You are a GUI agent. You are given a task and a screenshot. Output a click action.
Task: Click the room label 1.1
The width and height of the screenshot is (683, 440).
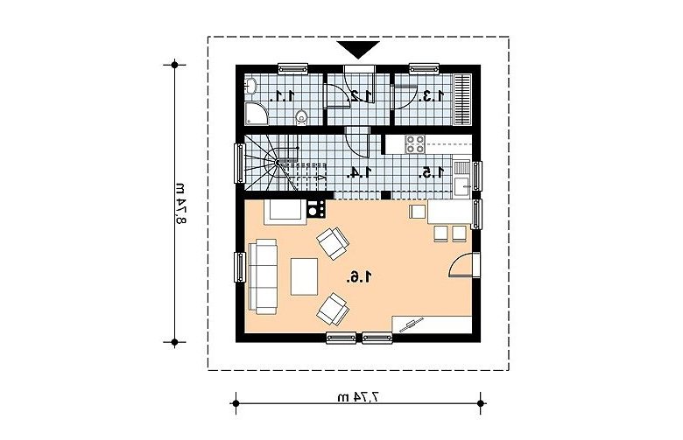[283, 95]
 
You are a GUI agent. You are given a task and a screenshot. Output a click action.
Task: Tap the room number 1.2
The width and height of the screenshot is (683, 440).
[361, 95]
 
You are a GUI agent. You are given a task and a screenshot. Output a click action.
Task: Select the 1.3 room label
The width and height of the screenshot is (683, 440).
[431, 95]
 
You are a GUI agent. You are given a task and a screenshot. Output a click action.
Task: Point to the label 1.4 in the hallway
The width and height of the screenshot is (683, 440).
[359, 173]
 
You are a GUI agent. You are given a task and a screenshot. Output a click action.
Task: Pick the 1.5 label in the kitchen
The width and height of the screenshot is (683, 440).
[431, 173]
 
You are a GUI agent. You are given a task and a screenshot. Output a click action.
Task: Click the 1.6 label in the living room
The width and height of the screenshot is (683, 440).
[360, 276]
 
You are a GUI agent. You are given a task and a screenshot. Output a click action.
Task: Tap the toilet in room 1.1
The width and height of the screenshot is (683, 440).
[301, 117]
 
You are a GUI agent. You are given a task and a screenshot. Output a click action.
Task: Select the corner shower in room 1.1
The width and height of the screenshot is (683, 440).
[256, 114]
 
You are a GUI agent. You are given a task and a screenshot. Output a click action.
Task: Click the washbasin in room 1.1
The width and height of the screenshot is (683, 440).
[250, 86]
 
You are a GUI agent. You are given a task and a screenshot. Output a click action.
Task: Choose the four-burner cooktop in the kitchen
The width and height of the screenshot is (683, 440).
[415, 144]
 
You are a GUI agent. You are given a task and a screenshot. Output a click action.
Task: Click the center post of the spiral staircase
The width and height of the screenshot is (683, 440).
[278, 163]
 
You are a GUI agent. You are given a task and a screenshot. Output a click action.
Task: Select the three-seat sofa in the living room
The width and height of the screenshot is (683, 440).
[263, 276]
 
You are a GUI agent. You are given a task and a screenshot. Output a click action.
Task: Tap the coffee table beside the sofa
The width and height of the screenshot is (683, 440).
[305, 276]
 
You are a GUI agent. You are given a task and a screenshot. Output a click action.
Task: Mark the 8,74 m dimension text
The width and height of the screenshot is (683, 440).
[181, 203]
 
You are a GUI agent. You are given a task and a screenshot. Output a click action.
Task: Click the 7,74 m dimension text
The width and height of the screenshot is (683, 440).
[358, 397]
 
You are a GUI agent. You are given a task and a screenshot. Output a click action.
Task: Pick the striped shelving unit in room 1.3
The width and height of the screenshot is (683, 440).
[462, 100]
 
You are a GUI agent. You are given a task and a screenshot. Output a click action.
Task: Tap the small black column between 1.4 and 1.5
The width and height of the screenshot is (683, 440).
[385, 195]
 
